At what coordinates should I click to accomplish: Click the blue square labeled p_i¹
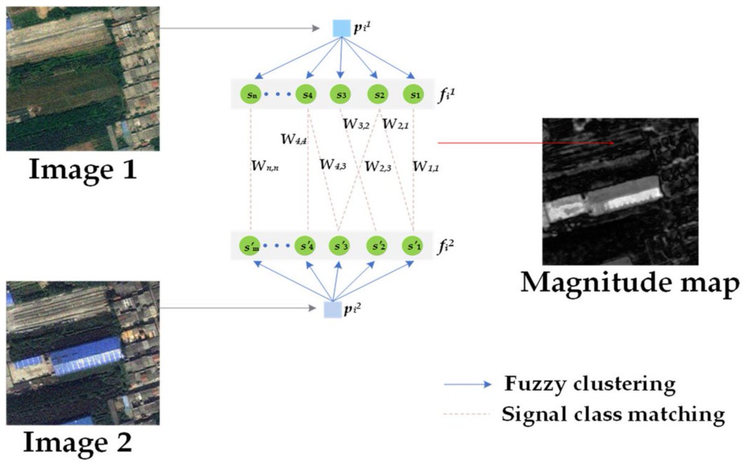coord(341,29)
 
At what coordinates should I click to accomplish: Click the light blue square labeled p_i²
coord(333,309)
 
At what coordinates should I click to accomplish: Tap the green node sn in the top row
coord(250,95)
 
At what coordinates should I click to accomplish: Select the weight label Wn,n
coord(264,166)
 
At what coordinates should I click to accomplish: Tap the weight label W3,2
coord(356,124)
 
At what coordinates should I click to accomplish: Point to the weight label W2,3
coord(378,166)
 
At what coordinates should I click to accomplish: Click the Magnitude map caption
coord(630,283)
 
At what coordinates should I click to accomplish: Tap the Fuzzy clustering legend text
coord(589,385)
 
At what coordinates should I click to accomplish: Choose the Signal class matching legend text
coord(613,414)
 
